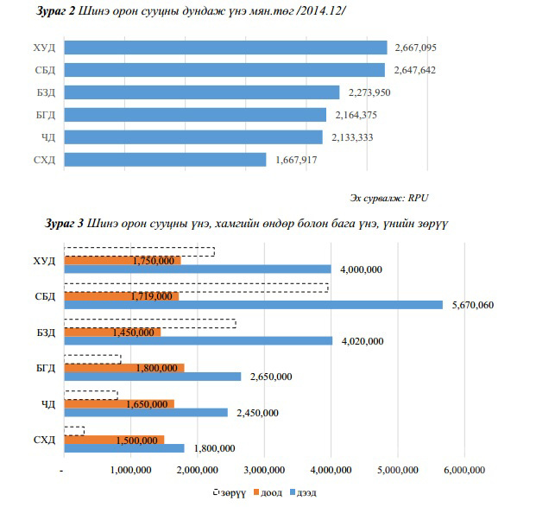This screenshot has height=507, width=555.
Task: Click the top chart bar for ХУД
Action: (x=224, y=48)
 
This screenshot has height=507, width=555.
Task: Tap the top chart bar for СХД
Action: (x=165, y=160)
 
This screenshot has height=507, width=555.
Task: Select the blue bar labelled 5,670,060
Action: (x=253, y=305)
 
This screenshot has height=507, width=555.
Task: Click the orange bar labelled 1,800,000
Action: (x=123, y=368)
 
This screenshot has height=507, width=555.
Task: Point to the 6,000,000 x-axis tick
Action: (x=464, y=470)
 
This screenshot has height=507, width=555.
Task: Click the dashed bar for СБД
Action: (x=196, y=288)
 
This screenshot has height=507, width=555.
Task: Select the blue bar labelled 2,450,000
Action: (x=146, y=413)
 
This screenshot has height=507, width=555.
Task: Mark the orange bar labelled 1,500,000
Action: (x=114, y=440)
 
